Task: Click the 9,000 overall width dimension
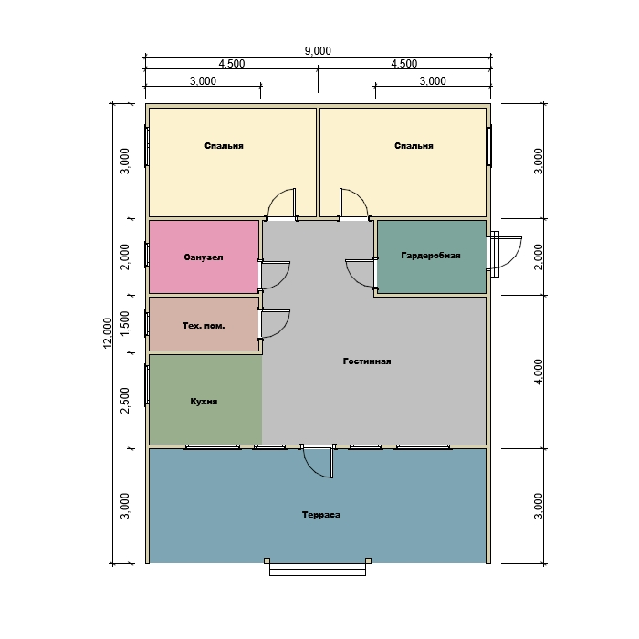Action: pyautogui.click(x=318, y=51)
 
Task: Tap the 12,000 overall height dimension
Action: pyautogui.click(x=107, y=333)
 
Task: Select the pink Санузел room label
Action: pyautogui.click(x=204, y=257)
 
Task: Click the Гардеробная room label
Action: pyautogui.click(x=431, y=256)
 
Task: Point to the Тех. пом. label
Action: pyautogui.click(x=204, y=326)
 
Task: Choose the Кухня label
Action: pyautogui.click(x=204, y=402)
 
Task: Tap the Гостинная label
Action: pyautogui.click(x=367, y=361)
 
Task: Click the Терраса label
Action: pyautogui.click(x=321, y=515)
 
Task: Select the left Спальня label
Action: pyautogui.click(x=224, y=146)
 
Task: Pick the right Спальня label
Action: pyautogui.click(x=414, y=146)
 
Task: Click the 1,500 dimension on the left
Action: pyautogui.click(x=125, y=323)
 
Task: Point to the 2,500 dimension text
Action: pyautogui.click(x=125, y=400)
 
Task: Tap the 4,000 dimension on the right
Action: pyautogui.click(x=539, y=372)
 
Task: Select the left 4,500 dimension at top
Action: pyautogui.click(x=232, y=64)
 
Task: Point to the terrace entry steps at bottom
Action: pyautogui.click(x=318, y=567)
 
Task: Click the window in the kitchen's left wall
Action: pyautogui.click(x=147, y=385)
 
